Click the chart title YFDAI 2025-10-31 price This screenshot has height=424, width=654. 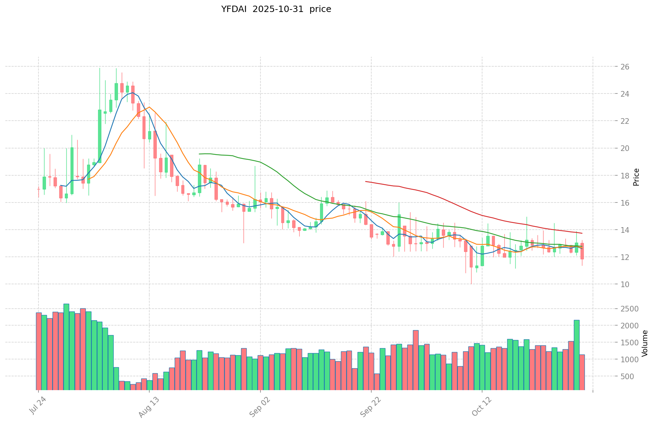pyautogui.click(x=276, y=9)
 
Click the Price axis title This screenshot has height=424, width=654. pyautogui.click(x=636, y=177)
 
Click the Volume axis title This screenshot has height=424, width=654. pyautogui.click(x=645, y=343)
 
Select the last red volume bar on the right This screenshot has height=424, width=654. pyautogui.click(x=582, y=372)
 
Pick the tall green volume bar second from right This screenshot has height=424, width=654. pyautogui.click(x=576, y=355)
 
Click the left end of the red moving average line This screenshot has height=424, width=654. pyautogui.click(x=366, y=181)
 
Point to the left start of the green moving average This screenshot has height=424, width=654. pyautogui.click(x=199, y=154)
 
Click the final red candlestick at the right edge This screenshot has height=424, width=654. pyautogui.click(x=582, y=251)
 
